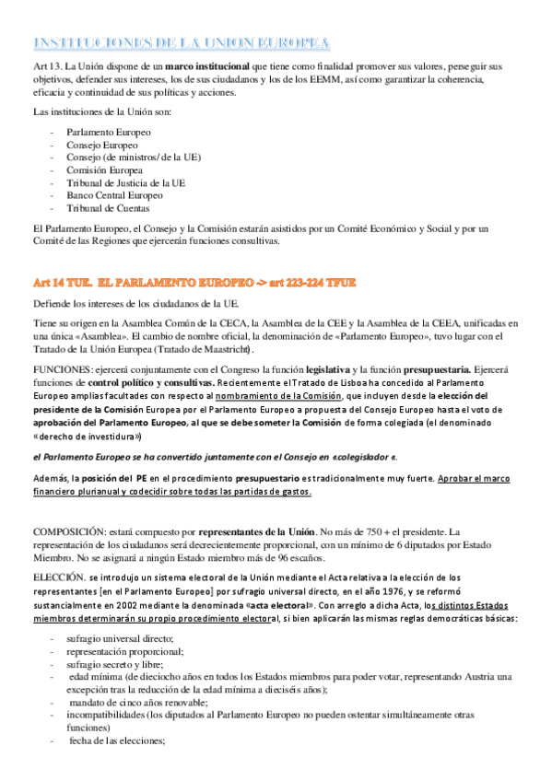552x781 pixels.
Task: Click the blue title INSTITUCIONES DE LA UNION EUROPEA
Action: pos(182,42)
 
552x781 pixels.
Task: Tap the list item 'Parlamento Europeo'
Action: pos(102,133)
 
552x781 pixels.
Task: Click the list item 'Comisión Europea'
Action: pos(104,170)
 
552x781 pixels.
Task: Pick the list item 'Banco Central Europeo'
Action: pos(114,195)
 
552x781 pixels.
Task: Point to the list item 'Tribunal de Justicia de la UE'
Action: pos(126,183)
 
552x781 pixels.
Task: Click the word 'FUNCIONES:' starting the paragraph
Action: pos(60,369)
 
